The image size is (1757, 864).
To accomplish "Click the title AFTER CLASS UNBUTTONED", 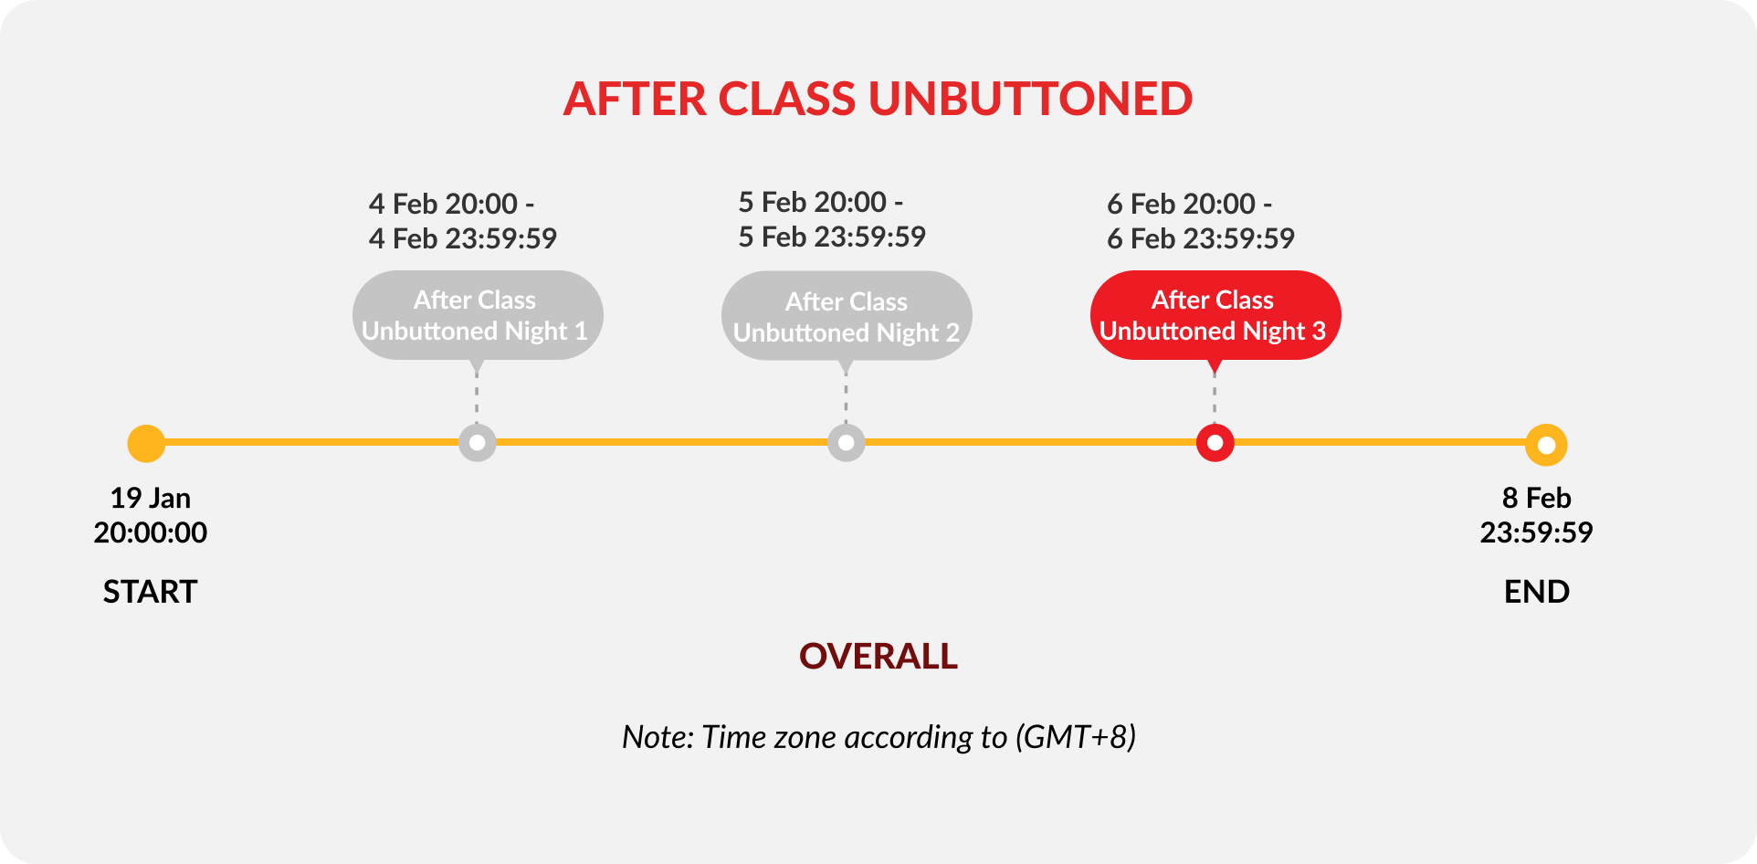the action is point(878,99).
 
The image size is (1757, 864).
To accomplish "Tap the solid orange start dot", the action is point(146,444).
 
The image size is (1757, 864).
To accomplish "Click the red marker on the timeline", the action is point(1215,443).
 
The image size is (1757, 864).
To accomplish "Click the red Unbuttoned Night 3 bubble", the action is point(1215,315).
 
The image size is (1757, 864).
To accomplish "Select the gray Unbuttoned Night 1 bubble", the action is point(478,315).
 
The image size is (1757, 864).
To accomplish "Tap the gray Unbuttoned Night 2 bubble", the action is point(847,316).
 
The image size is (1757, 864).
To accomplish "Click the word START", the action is point(150,592).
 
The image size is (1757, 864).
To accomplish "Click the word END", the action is point(1537,592).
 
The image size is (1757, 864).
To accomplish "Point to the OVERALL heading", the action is point(878,656).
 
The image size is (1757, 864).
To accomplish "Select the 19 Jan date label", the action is point(151,498).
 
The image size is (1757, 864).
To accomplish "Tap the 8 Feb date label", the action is point(1537,498).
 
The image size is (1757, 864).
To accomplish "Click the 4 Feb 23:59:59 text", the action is point(463,238).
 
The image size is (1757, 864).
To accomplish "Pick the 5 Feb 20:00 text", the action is point(813,202).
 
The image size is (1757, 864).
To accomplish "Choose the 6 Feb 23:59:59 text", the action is point(1201,238).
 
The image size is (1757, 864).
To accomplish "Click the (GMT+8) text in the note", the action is point(1076,737).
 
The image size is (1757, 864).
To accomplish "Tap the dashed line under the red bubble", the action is point(1215,398).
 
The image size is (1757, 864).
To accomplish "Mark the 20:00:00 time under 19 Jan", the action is point(151,532).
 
